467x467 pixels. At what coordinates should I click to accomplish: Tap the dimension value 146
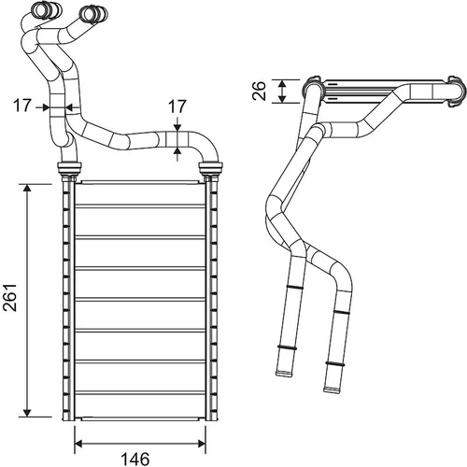pyautogui.click(x=135, y=459)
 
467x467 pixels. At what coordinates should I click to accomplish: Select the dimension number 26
pyautogui.click(x=259, y=91)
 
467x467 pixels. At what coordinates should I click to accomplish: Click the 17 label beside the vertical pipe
pyautogui.click(x=22, y=106)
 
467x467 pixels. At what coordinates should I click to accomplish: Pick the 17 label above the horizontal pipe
pyautogui.click(x=177, y=106)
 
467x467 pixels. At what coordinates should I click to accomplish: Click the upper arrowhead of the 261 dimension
pyautogui.click(x=27, y=189)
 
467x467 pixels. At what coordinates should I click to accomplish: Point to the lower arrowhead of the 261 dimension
pyautogui.click(x=27, y=412)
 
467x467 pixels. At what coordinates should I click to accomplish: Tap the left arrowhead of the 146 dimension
pyautogui.click(x=79, y=444)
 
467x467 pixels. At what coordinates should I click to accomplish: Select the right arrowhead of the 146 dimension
pyautogui.click(x=201, y=444)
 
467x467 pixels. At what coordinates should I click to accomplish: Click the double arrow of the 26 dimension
pyautogui.click(x=282, y=92)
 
